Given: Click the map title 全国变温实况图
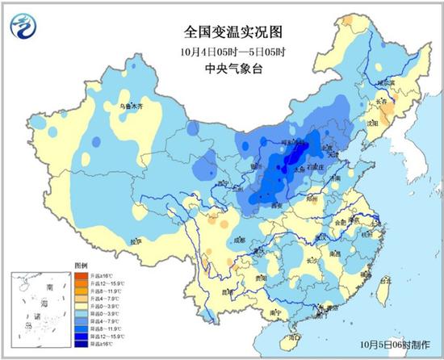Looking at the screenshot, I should (223, 32).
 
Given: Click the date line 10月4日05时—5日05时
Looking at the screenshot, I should (223, 52).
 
